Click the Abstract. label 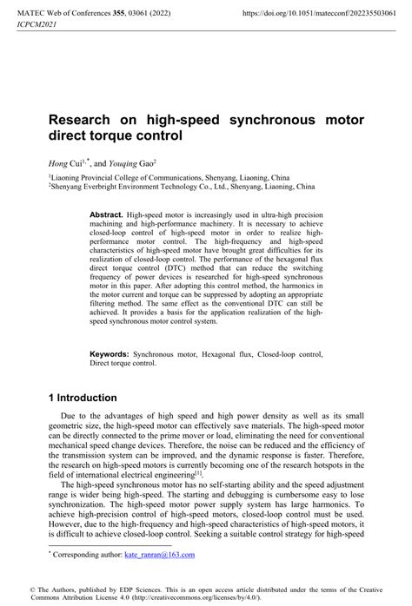(x=106, y=213)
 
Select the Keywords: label (x=110, y=354)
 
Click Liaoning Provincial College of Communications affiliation (x=130, y=176)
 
